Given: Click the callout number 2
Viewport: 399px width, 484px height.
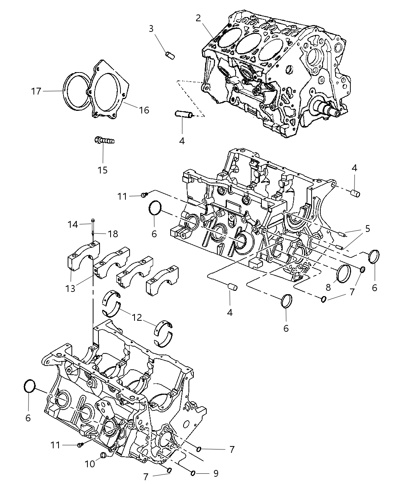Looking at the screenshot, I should pos(198,18).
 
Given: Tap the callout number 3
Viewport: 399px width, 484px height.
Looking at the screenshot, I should pos(151,28).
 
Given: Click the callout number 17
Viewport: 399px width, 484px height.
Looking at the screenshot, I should pos(36,91).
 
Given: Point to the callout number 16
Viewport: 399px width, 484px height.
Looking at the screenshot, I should pos(144,110).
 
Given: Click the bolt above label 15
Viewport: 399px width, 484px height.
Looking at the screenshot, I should pos(104,141).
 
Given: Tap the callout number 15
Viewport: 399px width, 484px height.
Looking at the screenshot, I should pos(103,170).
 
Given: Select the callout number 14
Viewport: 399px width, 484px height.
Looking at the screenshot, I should pos(73,224).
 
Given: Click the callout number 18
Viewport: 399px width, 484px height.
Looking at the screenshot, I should pos(113,234).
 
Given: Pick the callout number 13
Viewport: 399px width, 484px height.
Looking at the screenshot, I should pos(70,288).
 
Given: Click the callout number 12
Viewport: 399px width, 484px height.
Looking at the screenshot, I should pos(137,317).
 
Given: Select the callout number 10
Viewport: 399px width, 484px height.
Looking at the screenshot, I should pos(90,464).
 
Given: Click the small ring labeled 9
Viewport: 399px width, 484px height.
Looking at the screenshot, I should pos(193,473).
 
